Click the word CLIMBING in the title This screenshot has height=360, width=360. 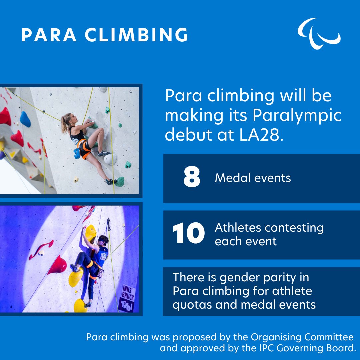136,35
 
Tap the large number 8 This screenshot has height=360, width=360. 192,177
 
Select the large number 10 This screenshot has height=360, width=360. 189,233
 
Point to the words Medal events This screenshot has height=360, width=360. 253,178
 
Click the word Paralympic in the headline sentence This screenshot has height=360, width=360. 297,116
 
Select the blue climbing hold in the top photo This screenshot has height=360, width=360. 25,119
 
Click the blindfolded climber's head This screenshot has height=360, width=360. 103,240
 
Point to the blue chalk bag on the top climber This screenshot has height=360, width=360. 77,153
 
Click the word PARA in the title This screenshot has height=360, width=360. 49,35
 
